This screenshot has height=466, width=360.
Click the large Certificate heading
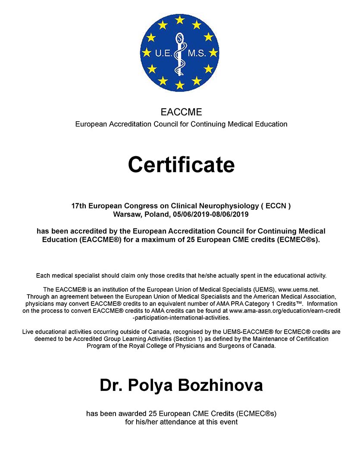(x=181, y=164)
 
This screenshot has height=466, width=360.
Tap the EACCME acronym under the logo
(x=181, y=112)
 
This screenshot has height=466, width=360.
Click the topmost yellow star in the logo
(x=179, y=20)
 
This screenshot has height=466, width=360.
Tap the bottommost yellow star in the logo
(x=179, y=85)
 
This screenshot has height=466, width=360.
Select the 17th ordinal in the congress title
(x=79, y=206)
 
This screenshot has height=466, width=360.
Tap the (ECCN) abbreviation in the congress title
(x=278, y=206)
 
